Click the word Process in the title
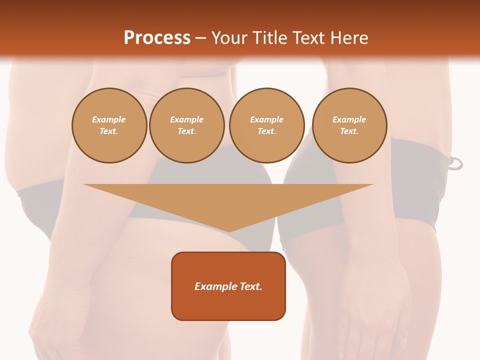pos(157,38)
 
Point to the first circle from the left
pos(109,125)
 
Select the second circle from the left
pos(187,125)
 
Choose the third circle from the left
pos(266,125)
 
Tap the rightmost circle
pos(349,125)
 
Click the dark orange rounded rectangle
pos(228,286)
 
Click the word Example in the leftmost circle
pos(109,120)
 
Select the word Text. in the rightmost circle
pos(349,131)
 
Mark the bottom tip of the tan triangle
pos(228,231)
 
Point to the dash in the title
pos(201,38)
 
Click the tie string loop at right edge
pos(455,163)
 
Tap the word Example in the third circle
pos(266,120)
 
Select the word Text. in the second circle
pos(187,131)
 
